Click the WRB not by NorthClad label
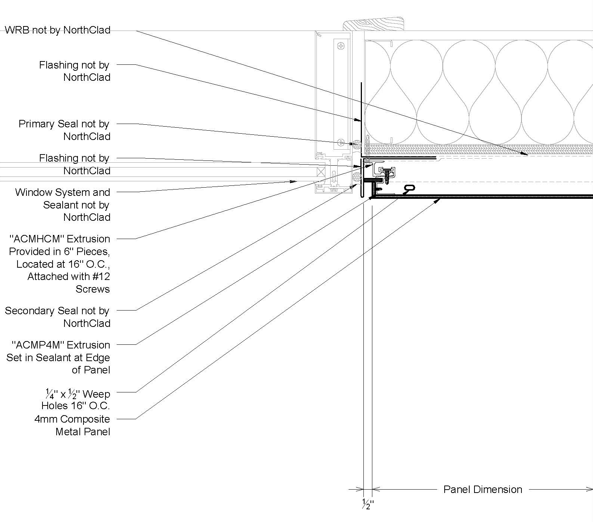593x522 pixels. [x=58, y=30]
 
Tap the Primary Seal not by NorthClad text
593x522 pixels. [x=64, y=130]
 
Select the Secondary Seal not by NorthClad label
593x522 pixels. [x=57, y=317]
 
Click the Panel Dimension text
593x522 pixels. [x=482, y=489]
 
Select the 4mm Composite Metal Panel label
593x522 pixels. [x=73, y=425]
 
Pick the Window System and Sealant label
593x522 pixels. [x=63, y=204]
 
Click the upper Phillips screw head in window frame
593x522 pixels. [x=341, y=46]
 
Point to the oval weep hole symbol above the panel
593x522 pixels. [x=410, y=188]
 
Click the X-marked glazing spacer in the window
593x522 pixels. [x=321, y=172]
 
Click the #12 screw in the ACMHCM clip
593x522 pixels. [x=388, y=174]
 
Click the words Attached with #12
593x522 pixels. [x=69, y=277]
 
